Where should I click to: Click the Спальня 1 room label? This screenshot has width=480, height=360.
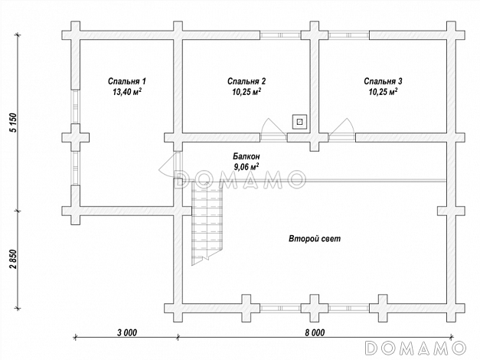pyautogui.click(x=127, y=81)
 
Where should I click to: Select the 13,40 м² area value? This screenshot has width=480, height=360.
pyautogui.click(x=127, y=92)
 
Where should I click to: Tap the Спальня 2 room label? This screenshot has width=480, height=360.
pyautogui.click(x=247, y=81)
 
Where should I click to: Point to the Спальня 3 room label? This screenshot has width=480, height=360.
pyautogui.click(x=383, y=81)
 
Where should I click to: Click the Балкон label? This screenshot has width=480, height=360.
pyautogui.click(x=247, y=156)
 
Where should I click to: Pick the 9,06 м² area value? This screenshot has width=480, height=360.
pyautogui.click(x=247, y=167)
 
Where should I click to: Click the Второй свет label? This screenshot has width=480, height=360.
pyautogui.click(x=315, y=239)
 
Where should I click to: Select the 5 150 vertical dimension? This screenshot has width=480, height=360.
pyautogui.click(x=14, y=123)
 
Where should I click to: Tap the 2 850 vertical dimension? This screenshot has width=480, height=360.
pyautogui.click(x=14, y=259)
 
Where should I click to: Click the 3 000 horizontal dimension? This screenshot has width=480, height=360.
pyautogui.click(x=127, y=332)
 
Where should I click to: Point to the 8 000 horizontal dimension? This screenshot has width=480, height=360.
pyautogui.click(x=315, y=332)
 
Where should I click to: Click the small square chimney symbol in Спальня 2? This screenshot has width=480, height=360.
pyautogui.click(x=299, y=122)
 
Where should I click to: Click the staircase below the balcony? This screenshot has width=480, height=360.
pyautogui.click(x=207, y=223)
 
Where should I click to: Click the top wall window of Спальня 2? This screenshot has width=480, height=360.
pyautogui.click(x=280, y=35)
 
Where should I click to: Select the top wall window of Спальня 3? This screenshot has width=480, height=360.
pyautogui.click(x=349, y=35)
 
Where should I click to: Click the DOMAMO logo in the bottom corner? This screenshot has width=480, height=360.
pyautogui.click(x=416, y=348)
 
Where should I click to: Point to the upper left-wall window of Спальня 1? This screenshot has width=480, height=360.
pyautogui.click(x=76, y=106)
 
